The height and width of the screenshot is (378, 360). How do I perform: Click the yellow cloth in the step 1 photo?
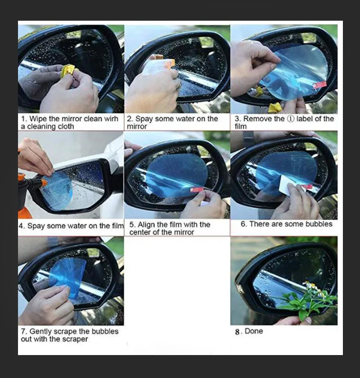tap(68, 71)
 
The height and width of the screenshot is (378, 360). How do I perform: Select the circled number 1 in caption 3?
tap(291, 119)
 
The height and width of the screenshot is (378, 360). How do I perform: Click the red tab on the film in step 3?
tap(319, 85)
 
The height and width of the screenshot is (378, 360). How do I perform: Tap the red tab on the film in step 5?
tap(197, 190)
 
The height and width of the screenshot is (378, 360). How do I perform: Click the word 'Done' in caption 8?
tap(254, 331)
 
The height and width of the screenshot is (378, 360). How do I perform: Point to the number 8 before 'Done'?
tap(237, 332)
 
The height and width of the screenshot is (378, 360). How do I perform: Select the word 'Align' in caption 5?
tap(146, 225)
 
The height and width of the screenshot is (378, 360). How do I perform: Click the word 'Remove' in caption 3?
tap(258, 119)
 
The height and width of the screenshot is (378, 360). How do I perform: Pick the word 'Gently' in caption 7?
tap(40, 332)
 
